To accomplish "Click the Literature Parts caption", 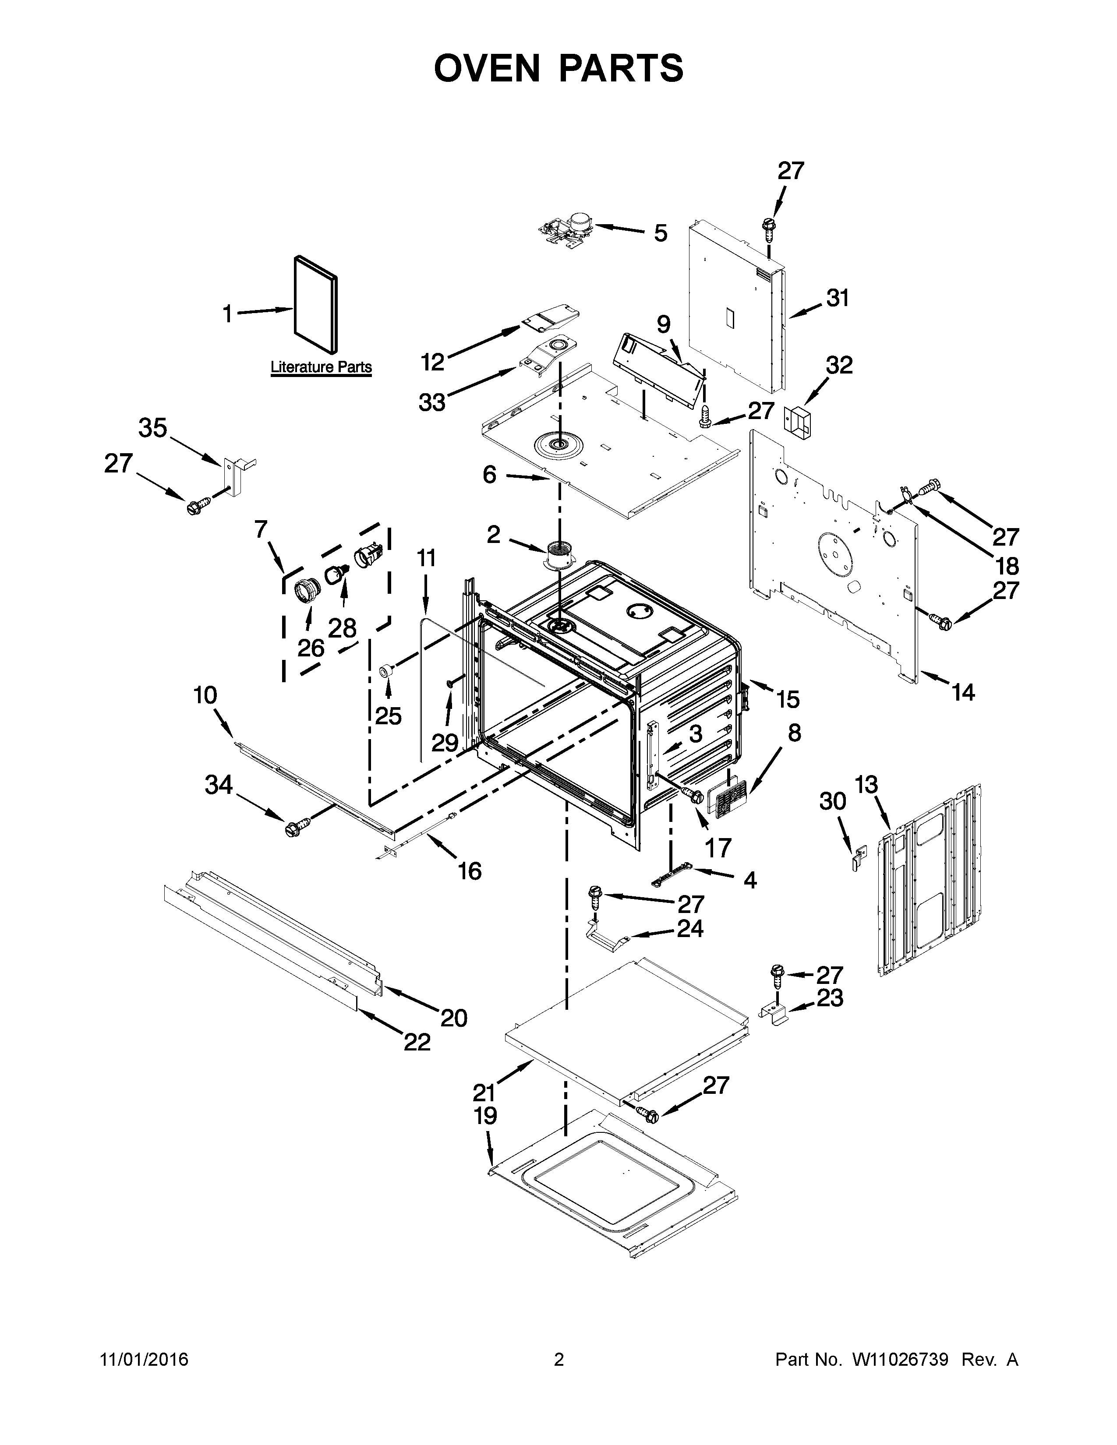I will tap(321, 367).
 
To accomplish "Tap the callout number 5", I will tap(661, 233).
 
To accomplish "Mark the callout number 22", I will tap(417, 1042).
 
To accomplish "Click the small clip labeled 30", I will tap(858, 859).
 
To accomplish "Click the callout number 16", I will tap(469, 871).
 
